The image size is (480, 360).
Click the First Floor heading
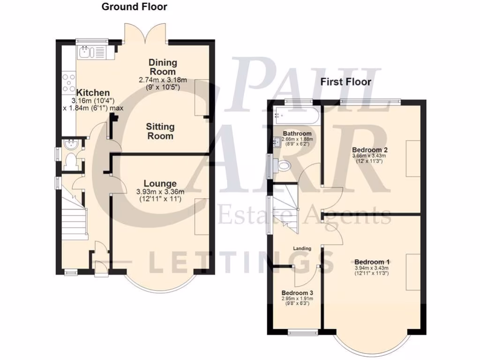click(345, 82)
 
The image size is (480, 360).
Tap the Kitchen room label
click(93, 93)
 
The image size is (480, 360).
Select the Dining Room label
click(163, 67)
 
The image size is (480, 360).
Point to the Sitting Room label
click(160, 131)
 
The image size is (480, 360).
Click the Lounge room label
click(160, 183)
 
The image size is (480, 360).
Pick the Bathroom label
click(294, 134)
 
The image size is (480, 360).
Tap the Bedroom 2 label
click(370, 150)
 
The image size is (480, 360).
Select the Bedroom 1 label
click(371, 262)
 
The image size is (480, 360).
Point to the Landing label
click(302, 248)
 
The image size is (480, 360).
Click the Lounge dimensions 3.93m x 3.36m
click(160, 192)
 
